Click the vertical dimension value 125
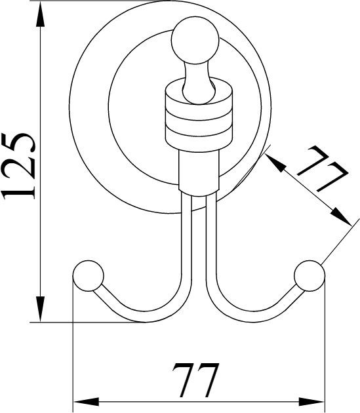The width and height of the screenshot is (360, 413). pos(18,166)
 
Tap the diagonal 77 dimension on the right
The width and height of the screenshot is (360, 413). pos(322,168)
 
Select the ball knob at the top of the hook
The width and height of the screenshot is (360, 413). pos(195,40)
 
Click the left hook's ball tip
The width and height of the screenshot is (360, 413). pos(89,276)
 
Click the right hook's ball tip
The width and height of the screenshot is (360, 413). pos(310,276)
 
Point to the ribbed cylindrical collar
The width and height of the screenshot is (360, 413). pos(199,115)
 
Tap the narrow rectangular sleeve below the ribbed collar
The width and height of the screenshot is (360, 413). pos(199,173)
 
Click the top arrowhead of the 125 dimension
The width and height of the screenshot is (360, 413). pos(40,14)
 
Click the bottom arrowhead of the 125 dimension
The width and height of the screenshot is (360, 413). pos(40,309)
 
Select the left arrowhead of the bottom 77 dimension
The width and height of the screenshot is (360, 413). pos(87,403)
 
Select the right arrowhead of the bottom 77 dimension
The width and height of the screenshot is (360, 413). pos(311,403)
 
